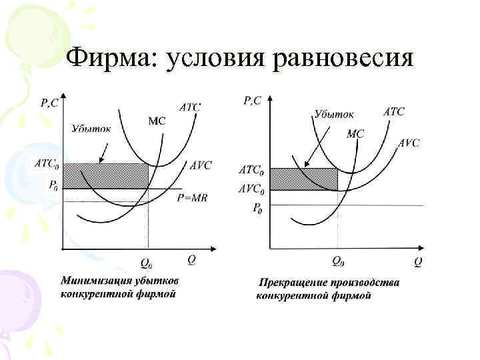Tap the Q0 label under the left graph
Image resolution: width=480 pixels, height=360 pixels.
(145, 263)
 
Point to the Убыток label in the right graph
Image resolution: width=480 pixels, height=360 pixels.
(335, 115)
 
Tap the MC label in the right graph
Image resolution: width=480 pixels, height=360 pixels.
(355, 133)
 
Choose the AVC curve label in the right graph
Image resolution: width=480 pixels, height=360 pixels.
(409, 143)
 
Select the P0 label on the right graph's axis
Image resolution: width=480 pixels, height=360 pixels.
(257, 208)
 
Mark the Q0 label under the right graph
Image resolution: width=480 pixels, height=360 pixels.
(338, 261)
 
